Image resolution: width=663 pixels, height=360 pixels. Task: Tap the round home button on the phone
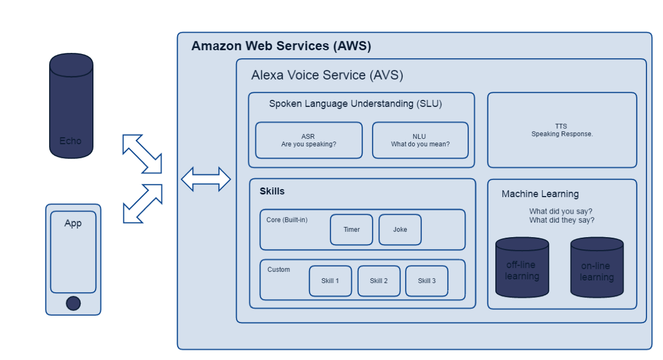[x=73, y=303]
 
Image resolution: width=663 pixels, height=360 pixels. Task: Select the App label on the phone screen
[x=73, y=223]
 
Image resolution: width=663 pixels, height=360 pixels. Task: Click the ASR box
[x=309, y=140]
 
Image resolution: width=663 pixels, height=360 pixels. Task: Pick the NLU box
[x=420, y=140]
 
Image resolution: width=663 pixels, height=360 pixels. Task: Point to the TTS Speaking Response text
[x=562, y=130]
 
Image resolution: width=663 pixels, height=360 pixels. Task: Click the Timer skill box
[x=351, y=230]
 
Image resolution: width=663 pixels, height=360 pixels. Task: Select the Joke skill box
[x=400, y=230]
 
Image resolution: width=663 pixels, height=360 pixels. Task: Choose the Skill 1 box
[x=330, y=281]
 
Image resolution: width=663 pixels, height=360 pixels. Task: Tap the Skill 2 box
[x=378, y=281]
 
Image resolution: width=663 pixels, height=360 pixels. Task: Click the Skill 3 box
[x=427, y=281]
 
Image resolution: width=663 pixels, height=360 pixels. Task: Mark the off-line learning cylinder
[x=522, y=268]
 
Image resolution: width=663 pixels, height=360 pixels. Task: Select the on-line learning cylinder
[x=597, y=268]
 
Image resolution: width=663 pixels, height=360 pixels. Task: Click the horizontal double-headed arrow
[x=206, y=179]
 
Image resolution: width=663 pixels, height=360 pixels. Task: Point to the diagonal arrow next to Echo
[x=142, y=154]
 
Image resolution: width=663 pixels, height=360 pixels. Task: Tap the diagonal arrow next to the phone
[x=142, y=203]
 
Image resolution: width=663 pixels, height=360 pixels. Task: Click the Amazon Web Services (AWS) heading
[x=281, y=46]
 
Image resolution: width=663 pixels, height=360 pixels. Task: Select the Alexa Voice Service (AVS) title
[x=327, y=75]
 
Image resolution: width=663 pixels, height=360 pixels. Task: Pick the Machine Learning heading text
[x=540, y=194]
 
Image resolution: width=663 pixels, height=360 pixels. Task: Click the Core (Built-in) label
[x=287, y=220]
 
